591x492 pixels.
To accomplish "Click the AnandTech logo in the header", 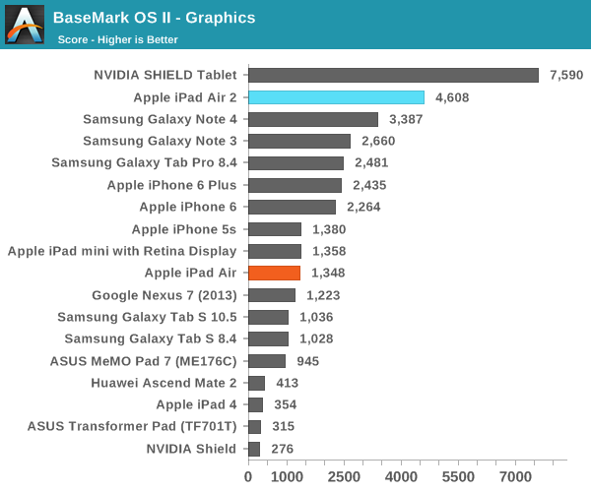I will click(x=25, y=25).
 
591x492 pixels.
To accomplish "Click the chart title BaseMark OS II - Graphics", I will click(x=154, y=18).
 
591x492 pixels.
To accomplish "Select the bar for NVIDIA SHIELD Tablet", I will click(x=393, y=75).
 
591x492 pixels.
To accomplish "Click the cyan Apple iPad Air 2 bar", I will click(x=336, y=97).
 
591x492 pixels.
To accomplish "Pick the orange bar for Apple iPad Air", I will click(x=274, y=273).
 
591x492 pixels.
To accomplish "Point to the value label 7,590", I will click(x=566, y=75).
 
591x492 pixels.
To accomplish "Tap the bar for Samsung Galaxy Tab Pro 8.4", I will click(x=295, y=162).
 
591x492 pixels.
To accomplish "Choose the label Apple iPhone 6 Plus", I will click(x=172, y=185).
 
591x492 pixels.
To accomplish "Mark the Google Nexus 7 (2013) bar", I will click(x=271, y=294).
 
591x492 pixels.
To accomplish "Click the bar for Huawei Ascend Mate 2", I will click(x=256, y=383).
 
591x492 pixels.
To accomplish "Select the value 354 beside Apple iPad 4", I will click(x=285, y=404).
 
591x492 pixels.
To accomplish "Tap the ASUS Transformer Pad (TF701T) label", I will click(x=132, y=426).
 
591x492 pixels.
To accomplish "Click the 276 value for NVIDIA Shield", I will click(x=282, y=449).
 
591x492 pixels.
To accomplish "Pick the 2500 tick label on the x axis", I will click(x=344, y=476).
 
